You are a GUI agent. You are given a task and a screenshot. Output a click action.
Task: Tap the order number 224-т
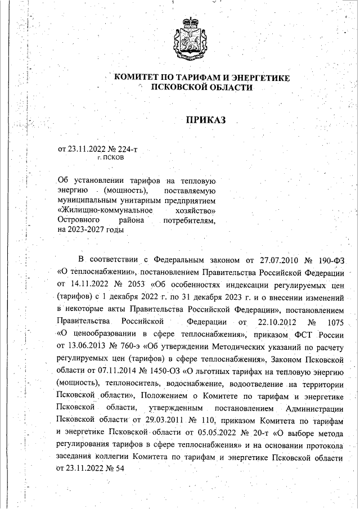(127, 149)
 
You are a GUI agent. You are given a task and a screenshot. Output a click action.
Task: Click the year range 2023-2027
(96, 229)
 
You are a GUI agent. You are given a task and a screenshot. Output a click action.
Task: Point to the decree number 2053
(133, 283)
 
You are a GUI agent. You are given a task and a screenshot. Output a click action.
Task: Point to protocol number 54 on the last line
(118, 469)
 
